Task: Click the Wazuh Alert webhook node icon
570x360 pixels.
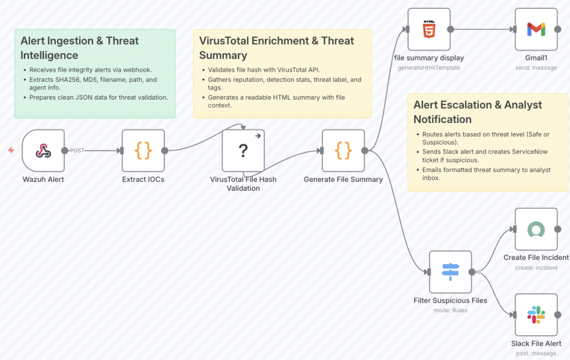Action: tap(43, 151)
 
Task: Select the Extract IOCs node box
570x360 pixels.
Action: tap(143, 151)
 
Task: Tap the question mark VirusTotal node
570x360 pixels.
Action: tap(243, 151)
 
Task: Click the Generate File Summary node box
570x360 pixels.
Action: tap(343, 151)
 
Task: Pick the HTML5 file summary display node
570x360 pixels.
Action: tap(429, 29)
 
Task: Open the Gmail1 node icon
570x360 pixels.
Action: tap(536, 29)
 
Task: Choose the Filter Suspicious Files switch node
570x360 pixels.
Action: tap(450, 272)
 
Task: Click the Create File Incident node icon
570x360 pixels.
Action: tap(536, 229)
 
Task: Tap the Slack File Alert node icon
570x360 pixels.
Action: tap(536, 315)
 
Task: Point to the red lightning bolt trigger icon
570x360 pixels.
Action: tap(11, 150)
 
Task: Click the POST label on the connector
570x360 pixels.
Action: tap(77, 151)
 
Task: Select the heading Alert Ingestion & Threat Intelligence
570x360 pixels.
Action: tap(80, 48)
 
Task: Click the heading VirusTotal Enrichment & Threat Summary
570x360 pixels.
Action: tap(277, 48)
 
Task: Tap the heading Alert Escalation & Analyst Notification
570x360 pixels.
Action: tap(478, 112)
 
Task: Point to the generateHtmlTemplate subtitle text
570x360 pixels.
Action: tap(429, 68)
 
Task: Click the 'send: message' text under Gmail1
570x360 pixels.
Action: tap(536, 68)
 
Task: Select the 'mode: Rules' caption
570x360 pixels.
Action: tap(450, 310)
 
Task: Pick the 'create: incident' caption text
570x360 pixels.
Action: tap(536, 268)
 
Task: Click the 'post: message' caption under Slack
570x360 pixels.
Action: tap(536, 353)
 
